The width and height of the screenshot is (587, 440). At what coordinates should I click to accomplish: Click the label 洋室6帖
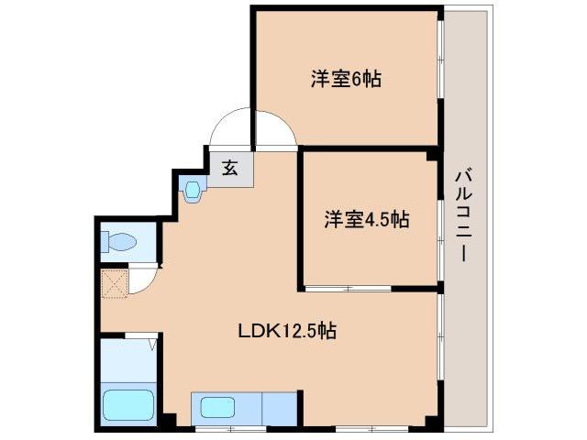pyautogui.click(x=345, y=79)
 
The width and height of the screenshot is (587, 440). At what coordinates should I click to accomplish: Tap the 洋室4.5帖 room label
pyautogui.click(x=366, y=220)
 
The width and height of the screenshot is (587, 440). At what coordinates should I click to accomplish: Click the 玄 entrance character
pyautogui.click(x=230, y=168)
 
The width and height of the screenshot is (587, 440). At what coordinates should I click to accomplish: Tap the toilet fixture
pyautogui.click(x=119, y=243)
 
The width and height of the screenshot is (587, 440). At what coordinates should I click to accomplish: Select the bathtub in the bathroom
pyautogui.click(x=128, y=403)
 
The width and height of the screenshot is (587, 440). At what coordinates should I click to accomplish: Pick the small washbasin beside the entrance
pyautogui.click(x=192, y=191)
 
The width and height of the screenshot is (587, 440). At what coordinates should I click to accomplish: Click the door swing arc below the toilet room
pyautogui.click(x=144, y=279)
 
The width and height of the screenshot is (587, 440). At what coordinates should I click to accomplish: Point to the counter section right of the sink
pyautogui.click(x=280, y=406)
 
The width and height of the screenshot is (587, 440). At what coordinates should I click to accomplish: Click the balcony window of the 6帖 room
pyautogui.click(x=440, y=78)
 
